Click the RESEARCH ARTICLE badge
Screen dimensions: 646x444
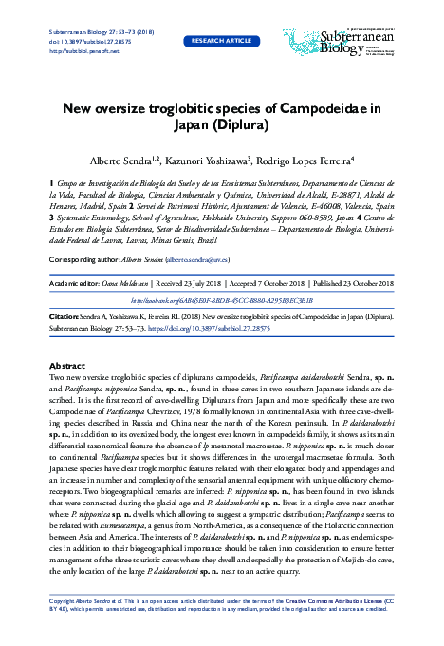(222, 42)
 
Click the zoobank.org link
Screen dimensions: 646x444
(222, 299)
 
